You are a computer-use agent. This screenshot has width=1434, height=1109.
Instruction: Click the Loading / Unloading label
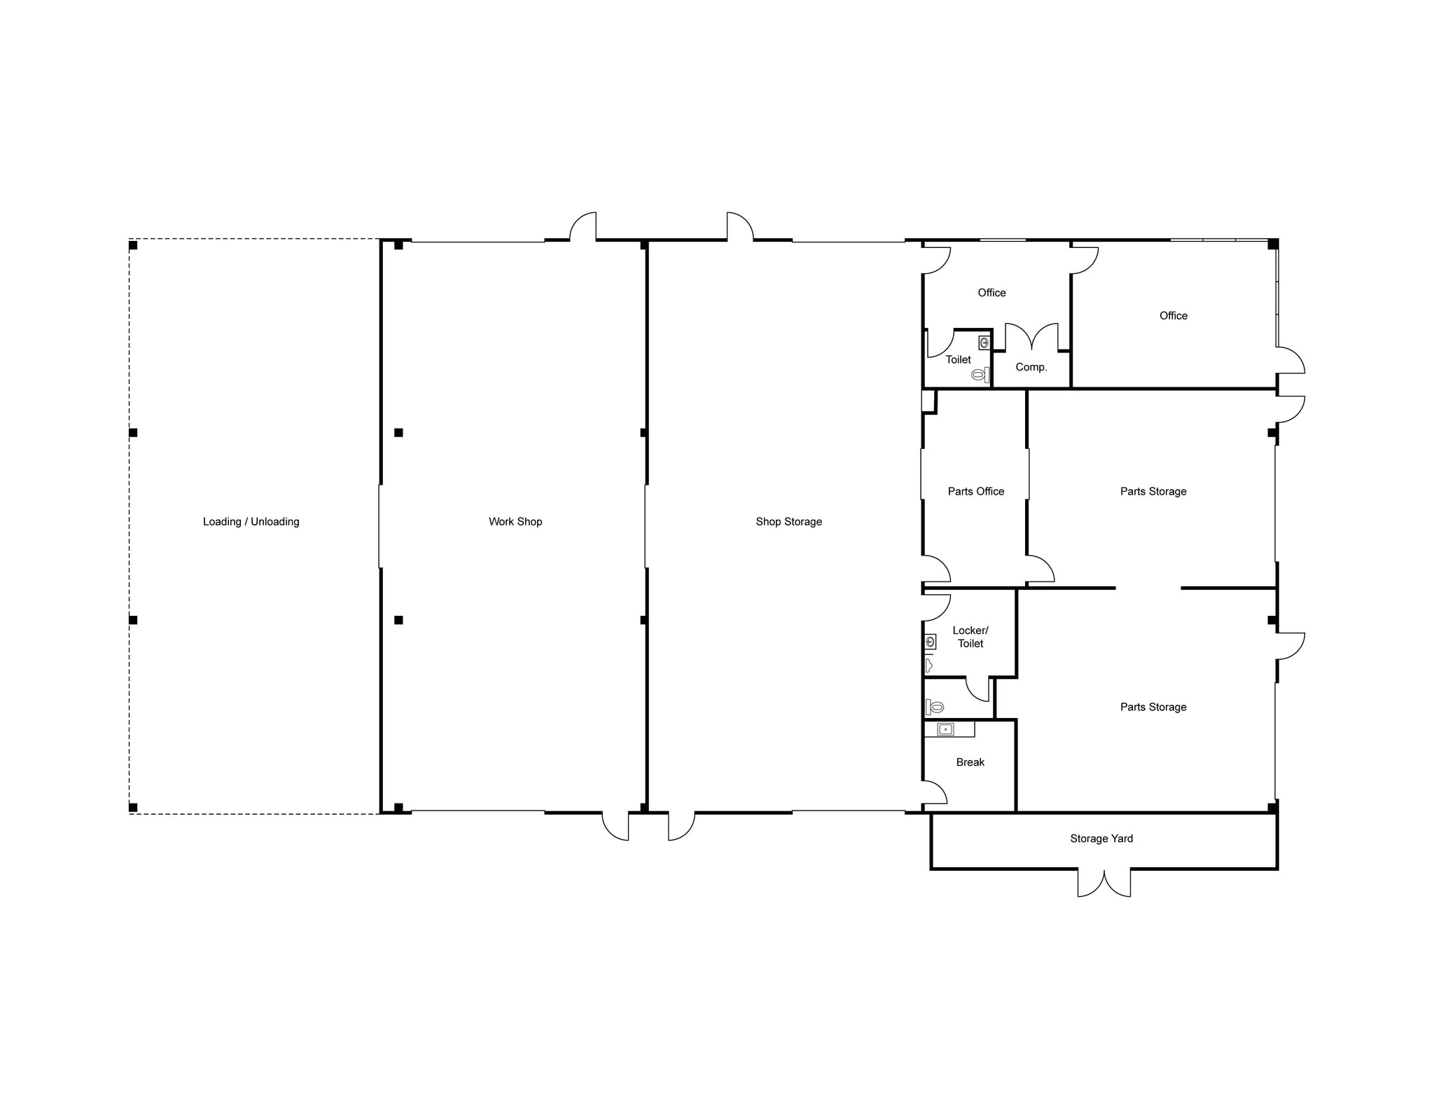tap(251, 521)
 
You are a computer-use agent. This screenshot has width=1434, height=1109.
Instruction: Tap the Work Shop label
tap(515, 521)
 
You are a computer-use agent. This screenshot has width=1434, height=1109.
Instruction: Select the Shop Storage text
tap(788, 521)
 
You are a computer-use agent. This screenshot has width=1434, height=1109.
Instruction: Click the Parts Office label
tap(975, 491)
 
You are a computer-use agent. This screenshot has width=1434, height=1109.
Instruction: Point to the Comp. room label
tap(1031, 367)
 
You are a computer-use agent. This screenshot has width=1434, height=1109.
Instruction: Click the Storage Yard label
tap(1101, 839)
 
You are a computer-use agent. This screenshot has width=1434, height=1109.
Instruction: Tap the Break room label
tap(970, 762)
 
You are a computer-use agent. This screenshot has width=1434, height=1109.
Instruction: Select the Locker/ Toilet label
tap(970, 637)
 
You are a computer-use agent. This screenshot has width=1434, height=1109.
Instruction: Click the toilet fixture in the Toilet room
tap(979, 375)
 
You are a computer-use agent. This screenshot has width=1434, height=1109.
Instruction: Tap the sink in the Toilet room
tap(984, 343)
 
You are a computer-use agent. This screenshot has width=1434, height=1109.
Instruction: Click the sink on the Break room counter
tap(945, 730)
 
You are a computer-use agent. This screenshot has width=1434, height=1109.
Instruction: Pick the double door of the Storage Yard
tap(1104, 883)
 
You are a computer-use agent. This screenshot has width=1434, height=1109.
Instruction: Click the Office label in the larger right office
tap(1173, 316)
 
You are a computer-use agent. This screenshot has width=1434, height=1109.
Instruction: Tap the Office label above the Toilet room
tap(991, 293)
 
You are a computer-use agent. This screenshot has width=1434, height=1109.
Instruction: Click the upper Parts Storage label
tap(1153, 491)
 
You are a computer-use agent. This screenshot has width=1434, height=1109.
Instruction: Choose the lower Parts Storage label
tap(1153, 707)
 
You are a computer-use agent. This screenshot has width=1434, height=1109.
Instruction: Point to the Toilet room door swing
tap(940, 344)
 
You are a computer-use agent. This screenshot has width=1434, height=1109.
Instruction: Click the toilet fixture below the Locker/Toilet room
tap(936, 707)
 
